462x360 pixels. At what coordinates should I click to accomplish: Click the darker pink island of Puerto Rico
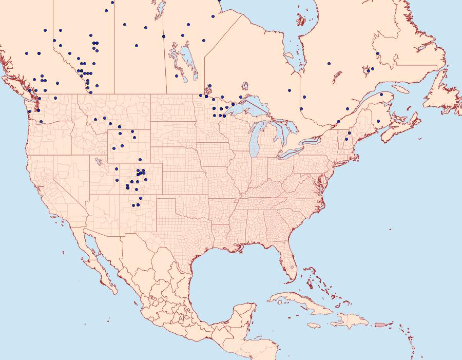(x=380, y=324)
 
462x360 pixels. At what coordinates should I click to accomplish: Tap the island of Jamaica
(x=315, y=326)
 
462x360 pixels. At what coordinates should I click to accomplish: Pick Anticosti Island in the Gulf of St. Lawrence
(x=401, y=89)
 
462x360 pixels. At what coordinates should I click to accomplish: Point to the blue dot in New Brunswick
(x=378, y=121)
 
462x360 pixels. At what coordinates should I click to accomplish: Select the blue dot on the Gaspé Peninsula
(x=381, y=94)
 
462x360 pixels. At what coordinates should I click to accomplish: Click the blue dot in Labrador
(x=377, y=53)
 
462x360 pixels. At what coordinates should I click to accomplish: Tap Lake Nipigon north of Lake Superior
(x=246, y=86)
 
